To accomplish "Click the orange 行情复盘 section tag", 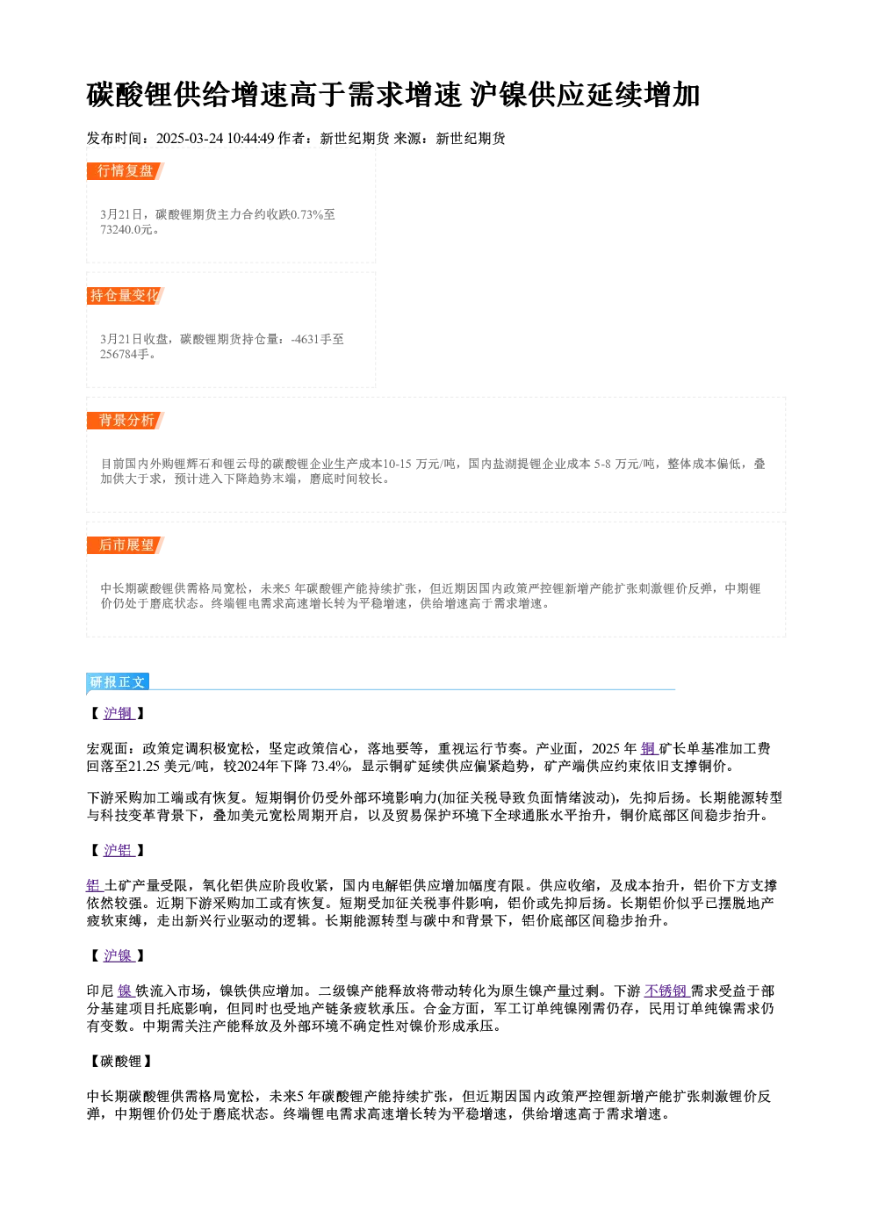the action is point(125,171).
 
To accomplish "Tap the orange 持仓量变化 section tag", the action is point(125,296).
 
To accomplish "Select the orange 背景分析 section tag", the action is point(125,421).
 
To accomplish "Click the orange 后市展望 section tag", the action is point(125,545).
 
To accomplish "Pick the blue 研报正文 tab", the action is point(118,682).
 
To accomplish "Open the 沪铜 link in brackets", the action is point(119,713).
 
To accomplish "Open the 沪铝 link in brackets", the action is point(119,850).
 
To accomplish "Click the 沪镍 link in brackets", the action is point(119,956).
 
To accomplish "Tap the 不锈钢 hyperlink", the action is point(666,991).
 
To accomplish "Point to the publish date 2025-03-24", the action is point(190,139).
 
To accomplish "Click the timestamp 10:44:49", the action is point(251,139).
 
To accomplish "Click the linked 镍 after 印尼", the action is point(126,991).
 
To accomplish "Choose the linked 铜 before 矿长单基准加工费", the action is point(649,748).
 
